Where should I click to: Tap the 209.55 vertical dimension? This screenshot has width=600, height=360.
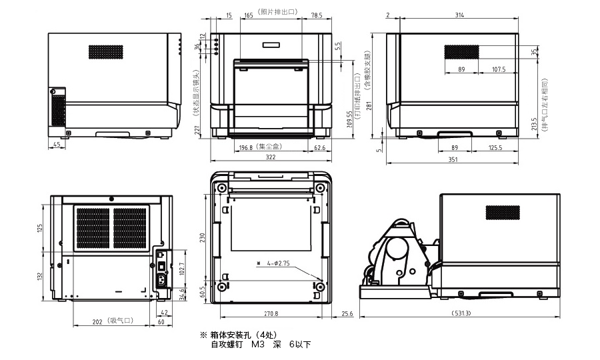pos(350,119)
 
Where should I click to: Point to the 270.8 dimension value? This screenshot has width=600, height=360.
pos(271,313)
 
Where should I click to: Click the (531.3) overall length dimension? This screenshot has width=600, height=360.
pos(460,313)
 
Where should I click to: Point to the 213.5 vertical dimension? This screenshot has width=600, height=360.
pos(533,125)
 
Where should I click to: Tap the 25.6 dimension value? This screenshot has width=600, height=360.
pos(347,313)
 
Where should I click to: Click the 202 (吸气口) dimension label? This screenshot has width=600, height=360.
pos(113,322)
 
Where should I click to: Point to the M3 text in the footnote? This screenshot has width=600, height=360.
pos(258,345)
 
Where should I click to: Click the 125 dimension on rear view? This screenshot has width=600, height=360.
pos(39,229)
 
